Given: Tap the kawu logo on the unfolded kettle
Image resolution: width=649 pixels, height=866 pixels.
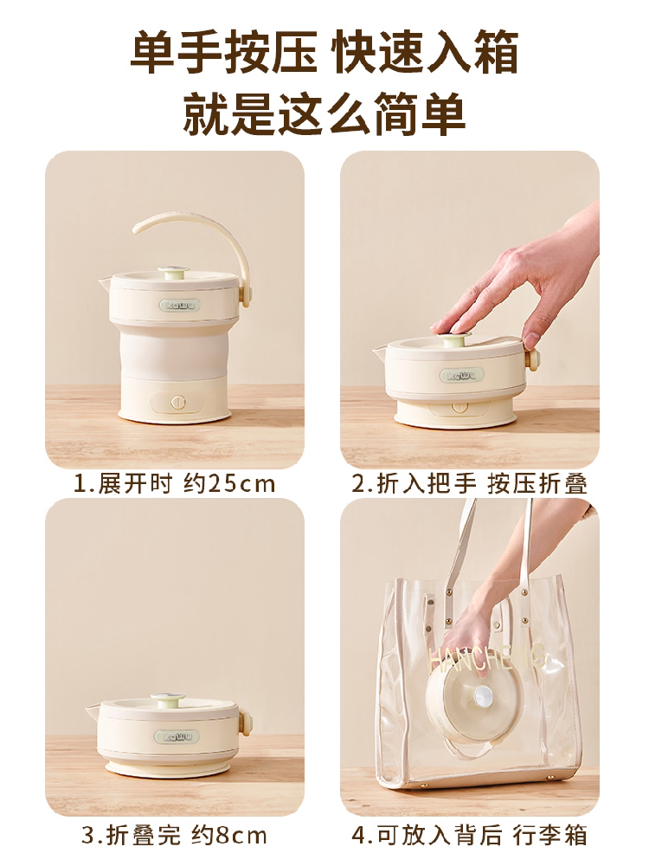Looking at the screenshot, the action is click(x=173, y=306).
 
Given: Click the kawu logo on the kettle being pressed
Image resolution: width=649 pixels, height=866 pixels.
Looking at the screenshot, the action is click(x=461, y=376).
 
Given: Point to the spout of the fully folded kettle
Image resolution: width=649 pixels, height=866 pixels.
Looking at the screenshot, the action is click(x=93, y=711).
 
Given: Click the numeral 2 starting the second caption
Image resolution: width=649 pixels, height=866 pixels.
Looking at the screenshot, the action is click(x=359, y=484).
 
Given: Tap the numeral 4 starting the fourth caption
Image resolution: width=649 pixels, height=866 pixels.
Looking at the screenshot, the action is click(x=359, y=835).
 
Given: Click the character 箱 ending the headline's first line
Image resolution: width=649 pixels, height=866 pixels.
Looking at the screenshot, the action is click(x=492, y=53).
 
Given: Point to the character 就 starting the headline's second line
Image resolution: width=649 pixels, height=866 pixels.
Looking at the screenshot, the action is click(x=207, y=113).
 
